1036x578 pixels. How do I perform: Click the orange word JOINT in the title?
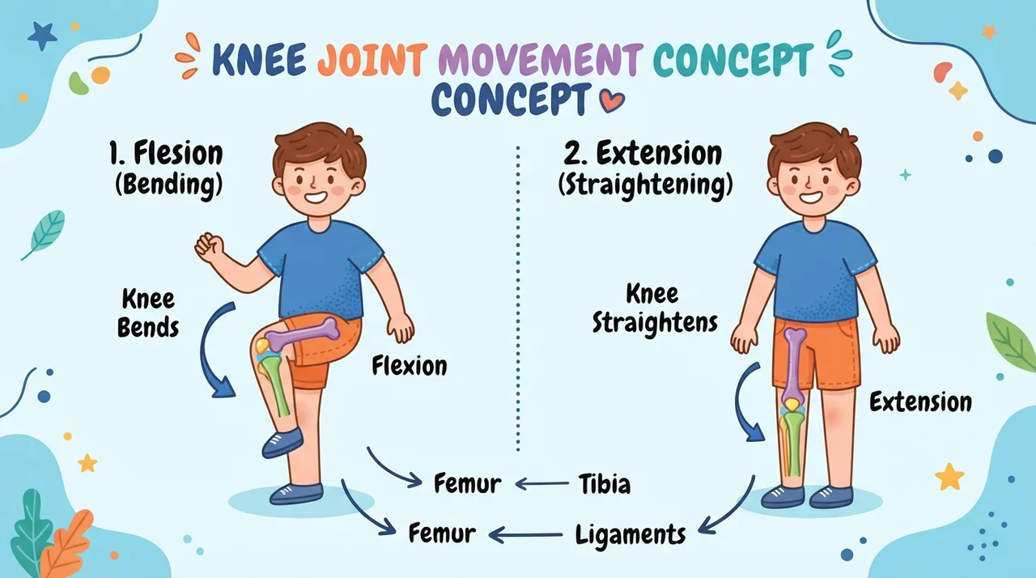370,60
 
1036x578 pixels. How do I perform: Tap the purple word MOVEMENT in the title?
541,60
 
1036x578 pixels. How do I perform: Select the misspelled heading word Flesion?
178,153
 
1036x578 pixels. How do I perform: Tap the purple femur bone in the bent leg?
300,334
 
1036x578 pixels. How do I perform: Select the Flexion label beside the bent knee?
410,366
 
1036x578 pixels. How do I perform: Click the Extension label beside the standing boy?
920,402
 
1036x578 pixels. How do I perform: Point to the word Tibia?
605,484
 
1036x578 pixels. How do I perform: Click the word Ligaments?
631,535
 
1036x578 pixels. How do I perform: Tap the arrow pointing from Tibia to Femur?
542,483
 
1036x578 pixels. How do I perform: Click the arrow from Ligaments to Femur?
526,535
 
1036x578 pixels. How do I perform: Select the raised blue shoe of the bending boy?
282,442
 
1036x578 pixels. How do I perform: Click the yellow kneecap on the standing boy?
792,405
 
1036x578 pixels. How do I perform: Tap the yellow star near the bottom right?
949,476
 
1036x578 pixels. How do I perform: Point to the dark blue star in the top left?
42,36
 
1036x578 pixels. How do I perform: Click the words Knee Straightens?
655,308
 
